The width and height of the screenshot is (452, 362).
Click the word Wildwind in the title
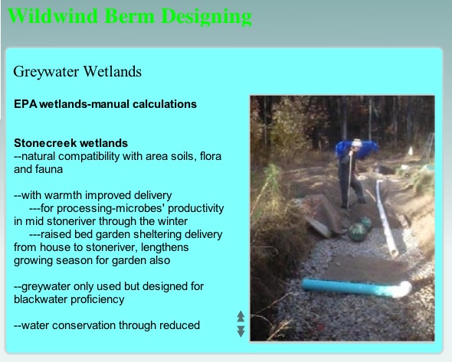(x=53, y=16)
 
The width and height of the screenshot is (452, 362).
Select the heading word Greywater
(x=46, y=72)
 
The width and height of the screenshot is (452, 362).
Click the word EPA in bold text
(x=25, y=104)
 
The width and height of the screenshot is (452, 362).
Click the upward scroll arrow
(x=241, y=316)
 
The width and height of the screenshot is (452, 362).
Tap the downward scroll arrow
(x=241, y=331)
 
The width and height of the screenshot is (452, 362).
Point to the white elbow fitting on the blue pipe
(x=401, y=289)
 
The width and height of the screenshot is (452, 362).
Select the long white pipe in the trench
(x=386, y=218)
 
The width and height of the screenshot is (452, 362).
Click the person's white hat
(x=357, y=142)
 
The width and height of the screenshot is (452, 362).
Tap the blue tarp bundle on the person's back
(x=356, y=149)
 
